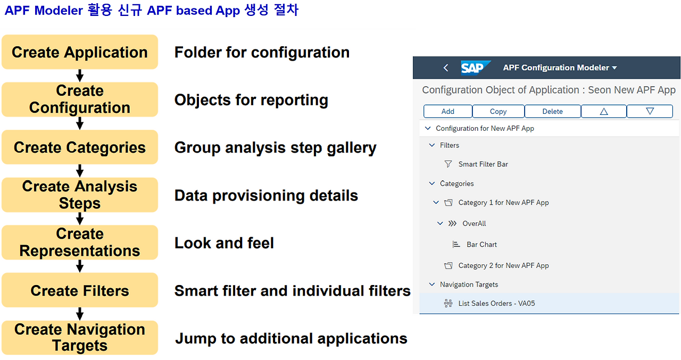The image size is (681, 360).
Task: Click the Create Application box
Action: pos(80,52)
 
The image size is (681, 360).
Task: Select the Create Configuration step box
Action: pos(80,99)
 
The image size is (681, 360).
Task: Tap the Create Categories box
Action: pos(80,147)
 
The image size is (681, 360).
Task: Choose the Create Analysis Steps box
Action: pos(80,195)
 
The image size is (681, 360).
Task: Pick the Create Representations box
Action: pos(80,242)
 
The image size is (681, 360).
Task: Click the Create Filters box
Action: pos(80,290)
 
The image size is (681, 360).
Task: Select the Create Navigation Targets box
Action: pos(80,338)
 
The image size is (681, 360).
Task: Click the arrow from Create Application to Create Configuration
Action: pos(80,76)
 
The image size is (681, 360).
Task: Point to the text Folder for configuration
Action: pos(262,52)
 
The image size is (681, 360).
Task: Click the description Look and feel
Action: pos(224,243)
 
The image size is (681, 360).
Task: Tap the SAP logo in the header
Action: pos(472,68)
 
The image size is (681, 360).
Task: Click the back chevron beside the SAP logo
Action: pos(446,68)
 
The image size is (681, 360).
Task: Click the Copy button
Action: pos(498,111)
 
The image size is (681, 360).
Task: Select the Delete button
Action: pos(552,111)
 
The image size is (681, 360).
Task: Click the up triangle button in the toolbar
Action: pos(603,111)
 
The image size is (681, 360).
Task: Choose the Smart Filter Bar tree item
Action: pos(483,164)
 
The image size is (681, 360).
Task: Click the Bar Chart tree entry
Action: pos(481,245)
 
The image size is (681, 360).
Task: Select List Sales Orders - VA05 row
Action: pos(496,303)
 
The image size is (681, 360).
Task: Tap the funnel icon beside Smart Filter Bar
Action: pos(448,164)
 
